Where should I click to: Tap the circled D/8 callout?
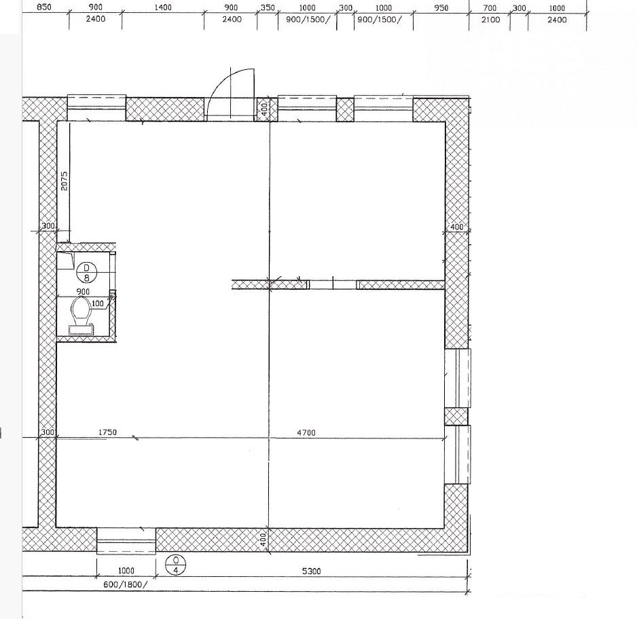tap(86, 272)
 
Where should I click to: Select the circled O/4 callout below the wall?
tap(175, 565)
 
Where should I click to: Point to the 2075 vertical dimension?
tap(65, 181)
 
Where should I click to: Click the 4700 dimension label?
tap(306, 433)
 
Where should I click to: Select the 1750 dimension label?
tap(108, 432)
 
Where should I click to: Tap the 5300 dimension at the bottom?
tap(312, 571)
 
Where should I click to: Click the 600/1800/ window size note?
tap(126, 584)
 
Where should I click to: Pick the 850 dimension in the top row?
tap(44, 7)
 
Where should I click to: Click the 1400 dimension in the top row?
tap(163, 7)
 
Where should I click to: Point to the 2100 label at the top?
tap(490, 20)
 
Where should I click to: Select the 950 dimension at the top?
tap(441, 7)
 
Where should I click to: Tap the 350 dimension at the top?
tap(268, 7)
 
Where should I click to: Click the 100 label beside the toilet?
tap(98, 303)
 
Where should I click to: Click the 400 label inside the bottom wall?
tap(263, 540)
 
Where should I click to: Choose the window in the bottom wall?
tap(126, 541)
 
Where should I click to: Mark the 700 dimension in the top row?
tap(490, 7)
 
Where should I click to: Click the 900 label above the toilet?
tap(83, 291)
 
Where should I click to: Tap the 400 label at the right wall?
tap(457, 227)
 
